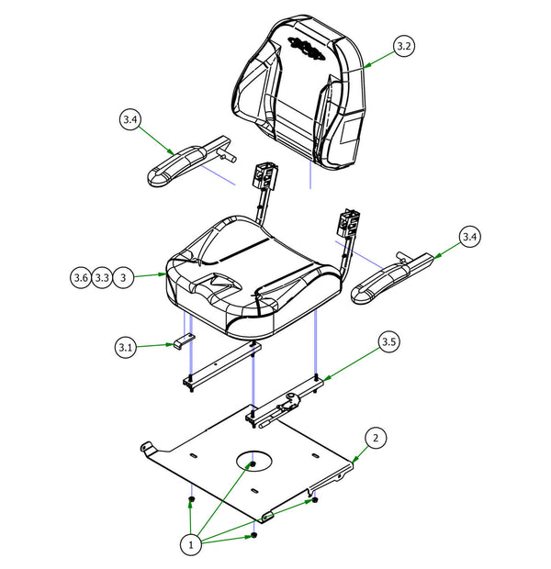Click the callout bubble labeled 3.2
click(404, 45)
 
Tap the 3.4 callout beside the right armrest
click(469, 238)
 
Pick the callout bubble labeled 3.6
click(81, 276)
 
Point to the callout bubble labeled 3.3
click(103, 276)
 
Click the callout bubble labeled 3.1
click(127, 347)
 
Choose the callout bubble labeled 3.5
click(388, 343)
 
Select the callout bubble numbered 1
click(191, 544)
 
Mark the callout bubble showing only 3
click(126, 276)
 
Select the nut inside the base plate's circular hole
click(250, 464)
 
